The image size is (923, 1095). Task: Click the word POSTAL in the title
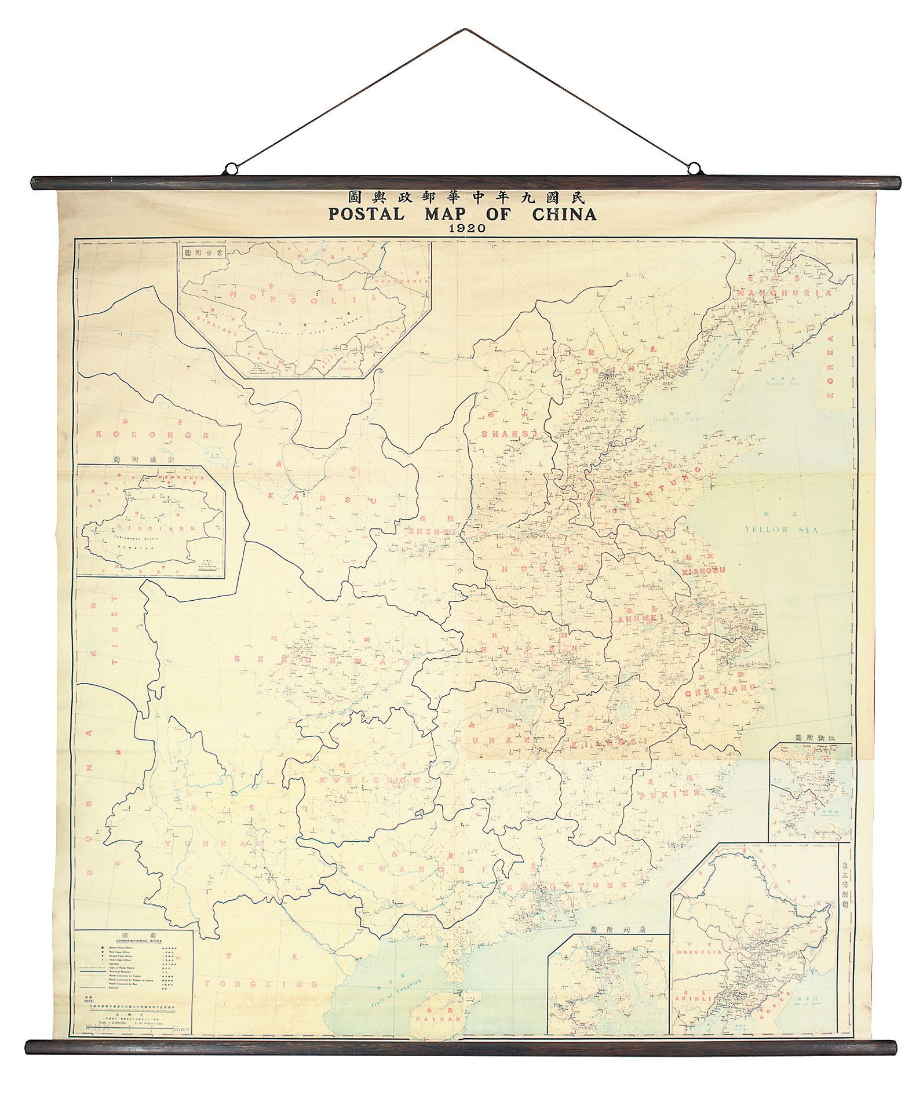[x=366, y=214]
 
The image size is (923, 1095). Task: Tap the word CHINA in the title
[x=564, y=214]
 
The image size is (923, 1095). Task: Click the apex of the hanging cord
[x=464, y=28]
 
